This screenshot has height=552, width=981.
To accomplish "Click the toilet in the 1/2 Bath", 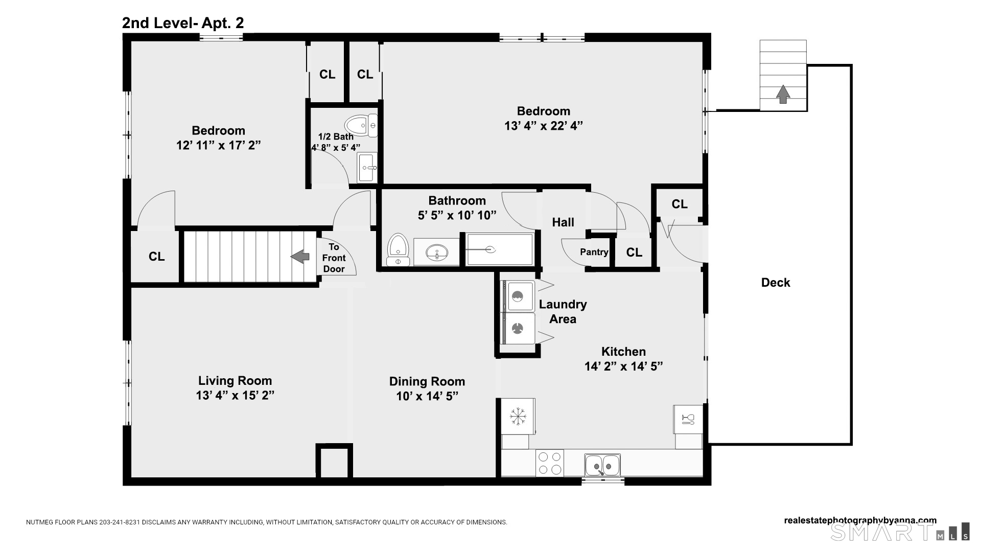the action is tap(361, 125).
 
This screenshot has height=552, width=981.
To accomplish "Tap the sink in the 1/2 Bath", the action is tap(367, 167).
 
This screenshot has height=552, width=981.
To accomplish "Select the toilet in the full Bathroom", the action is tap(398, 250).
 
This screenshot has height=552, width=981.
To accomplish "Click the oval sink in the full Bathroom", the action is tap(436, 252).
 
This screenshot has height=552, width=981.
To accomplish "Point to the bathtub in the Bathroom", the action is tap(500, 249).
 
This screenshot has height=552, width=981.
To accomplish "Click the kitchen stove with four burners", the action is tap(550, 463).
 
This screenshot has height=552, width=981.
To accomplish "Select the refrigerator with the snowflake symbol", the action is tap(518, 416).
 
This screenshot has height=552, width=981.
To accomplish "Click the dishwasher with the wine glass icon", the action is tap(688, 420).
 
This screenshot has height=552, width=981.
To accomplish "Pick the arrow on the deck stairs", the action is tap(783, 94).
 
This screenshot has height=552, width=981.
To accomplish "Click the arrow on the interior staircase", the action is tap(300, 257).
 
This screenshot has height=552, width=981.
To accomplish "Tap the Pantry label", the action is tap(594, 252).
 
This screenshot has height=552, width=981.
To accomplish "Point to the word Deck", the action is tap(776, 283).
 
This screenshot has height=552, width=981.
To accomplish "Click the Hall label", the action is tap(563, 222).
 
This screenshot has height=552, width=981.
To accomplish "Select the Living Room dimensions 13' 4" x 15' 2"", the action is tap(235, 396).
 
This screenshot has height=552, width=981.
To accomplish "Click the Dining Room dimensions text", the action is tap(427, 396).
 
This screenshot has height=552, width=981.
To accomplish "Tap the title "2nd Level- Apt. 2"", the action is tap(183, 23).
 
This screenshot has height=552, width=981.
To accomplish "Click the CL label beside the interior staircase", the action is tap(156, 257).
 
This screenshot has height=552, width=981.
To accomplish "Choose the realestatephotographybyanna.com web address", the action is tap(860, 521).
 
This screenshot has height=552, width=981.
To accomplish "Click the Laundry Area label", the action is tap(563, 312).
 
